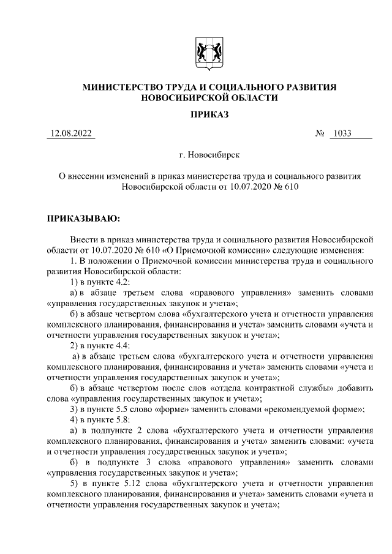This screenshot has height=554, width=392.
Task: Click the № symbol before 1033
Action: click(319, 133)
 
